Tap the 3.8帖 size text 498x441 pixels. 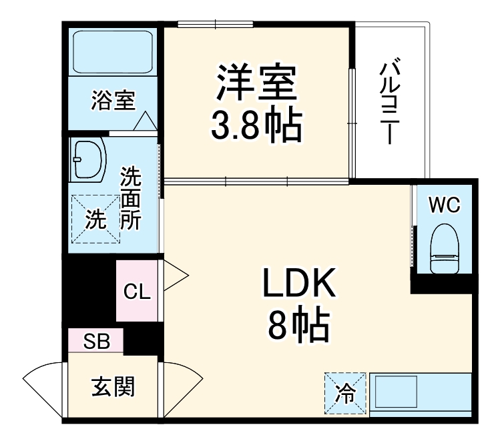[256, 125]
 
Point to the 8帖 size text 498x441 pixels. [298, 326]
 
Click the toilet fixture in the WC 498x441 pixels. [445, 248]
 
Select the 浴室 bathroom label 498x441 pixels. [113, 101]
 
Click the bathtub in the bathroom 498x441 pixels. [113, 51]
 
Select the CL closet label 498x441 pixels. [136, 292]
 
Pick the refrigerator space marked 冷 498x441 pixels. [346, 392]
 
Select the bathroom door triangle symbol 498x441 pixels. [145, 122]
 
